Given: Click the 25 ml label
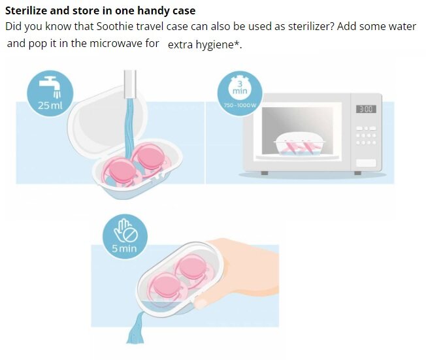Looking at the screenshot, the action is (x=50, y=105).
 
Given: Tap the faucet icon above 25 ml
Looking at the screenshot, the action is (x=51, y=87).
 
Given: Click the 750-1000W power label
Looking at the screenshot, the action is (x=240, y=105).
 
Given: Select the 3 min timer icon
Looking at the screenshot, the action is (x=240, y=87).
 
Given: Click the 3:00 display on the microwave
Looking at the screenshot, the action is (x=366, y=109).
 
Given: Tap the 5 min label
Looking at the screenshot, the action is (x=124, y=249).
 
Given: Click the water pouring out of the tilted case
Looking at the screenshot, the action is (x=135, y=329).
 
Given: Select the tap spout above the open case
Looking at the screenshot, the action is (x=130, y=84).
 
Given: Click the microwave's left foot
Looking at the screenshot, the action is (x=265, y=173).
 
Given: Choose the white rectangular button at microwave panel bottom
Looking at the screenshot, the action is (x=366, y=163).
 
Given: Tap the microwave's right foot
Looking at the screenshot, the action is (x=358, y=173).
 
